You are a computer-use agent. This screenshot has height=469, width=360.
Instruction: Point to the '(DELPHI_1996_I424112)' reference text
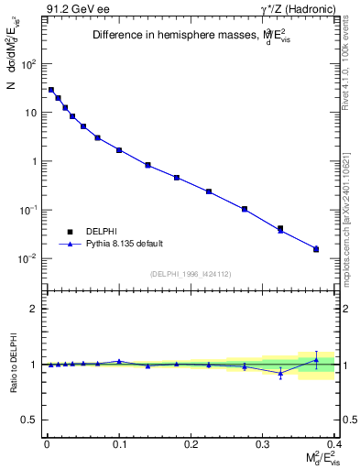pos(191,274)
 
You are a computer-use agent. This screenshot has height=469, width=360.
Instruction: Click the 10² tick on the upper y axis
pos(29,64)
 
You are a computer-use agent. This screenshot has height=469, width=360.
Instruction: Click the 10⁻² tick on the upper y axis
pos(28,258)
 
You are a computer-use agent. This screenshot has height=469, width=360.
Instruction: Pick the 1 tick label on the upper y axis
pos(34,161)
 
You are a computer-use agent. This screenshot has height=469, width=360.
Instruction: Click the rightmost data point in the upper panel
pos(316,249)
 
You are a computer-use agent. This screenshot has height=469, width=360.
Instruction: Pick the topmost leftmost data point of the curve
pos(51,90)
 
